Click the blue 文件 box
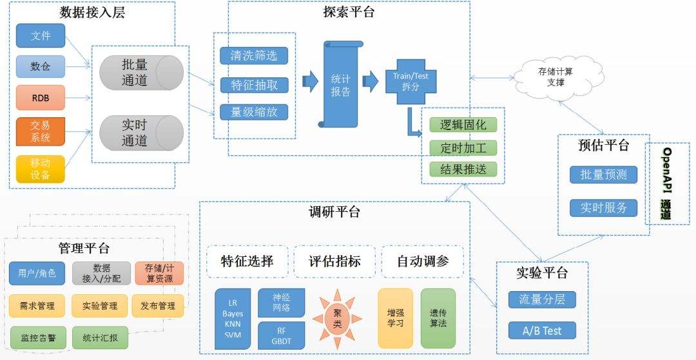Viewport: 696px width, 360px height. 41,35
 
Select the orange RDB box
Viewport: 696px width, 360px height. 41,98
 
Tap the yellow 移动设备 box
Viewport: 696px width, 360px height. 41,168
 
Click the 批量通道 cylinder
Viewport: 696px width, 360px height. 141,72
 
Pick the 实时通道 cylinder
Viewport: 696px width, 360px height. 141,132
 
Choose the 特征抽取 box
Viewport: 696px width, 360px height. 254,84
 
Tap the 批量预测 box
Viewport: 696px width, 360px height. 603,175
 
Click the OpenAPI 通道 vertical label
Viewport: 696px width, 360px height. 667,184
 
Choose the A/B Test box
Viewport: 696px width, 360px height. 542,330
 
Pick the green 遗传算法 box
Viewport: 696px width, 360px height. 438,318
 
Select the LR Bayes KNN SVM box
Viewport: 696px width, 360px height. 232,318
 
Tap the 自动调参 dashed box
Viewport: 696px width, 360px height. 422,261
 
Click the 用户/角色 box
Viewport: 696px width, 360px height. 37,273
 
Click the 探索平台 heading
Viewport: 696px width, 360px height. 349,12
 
